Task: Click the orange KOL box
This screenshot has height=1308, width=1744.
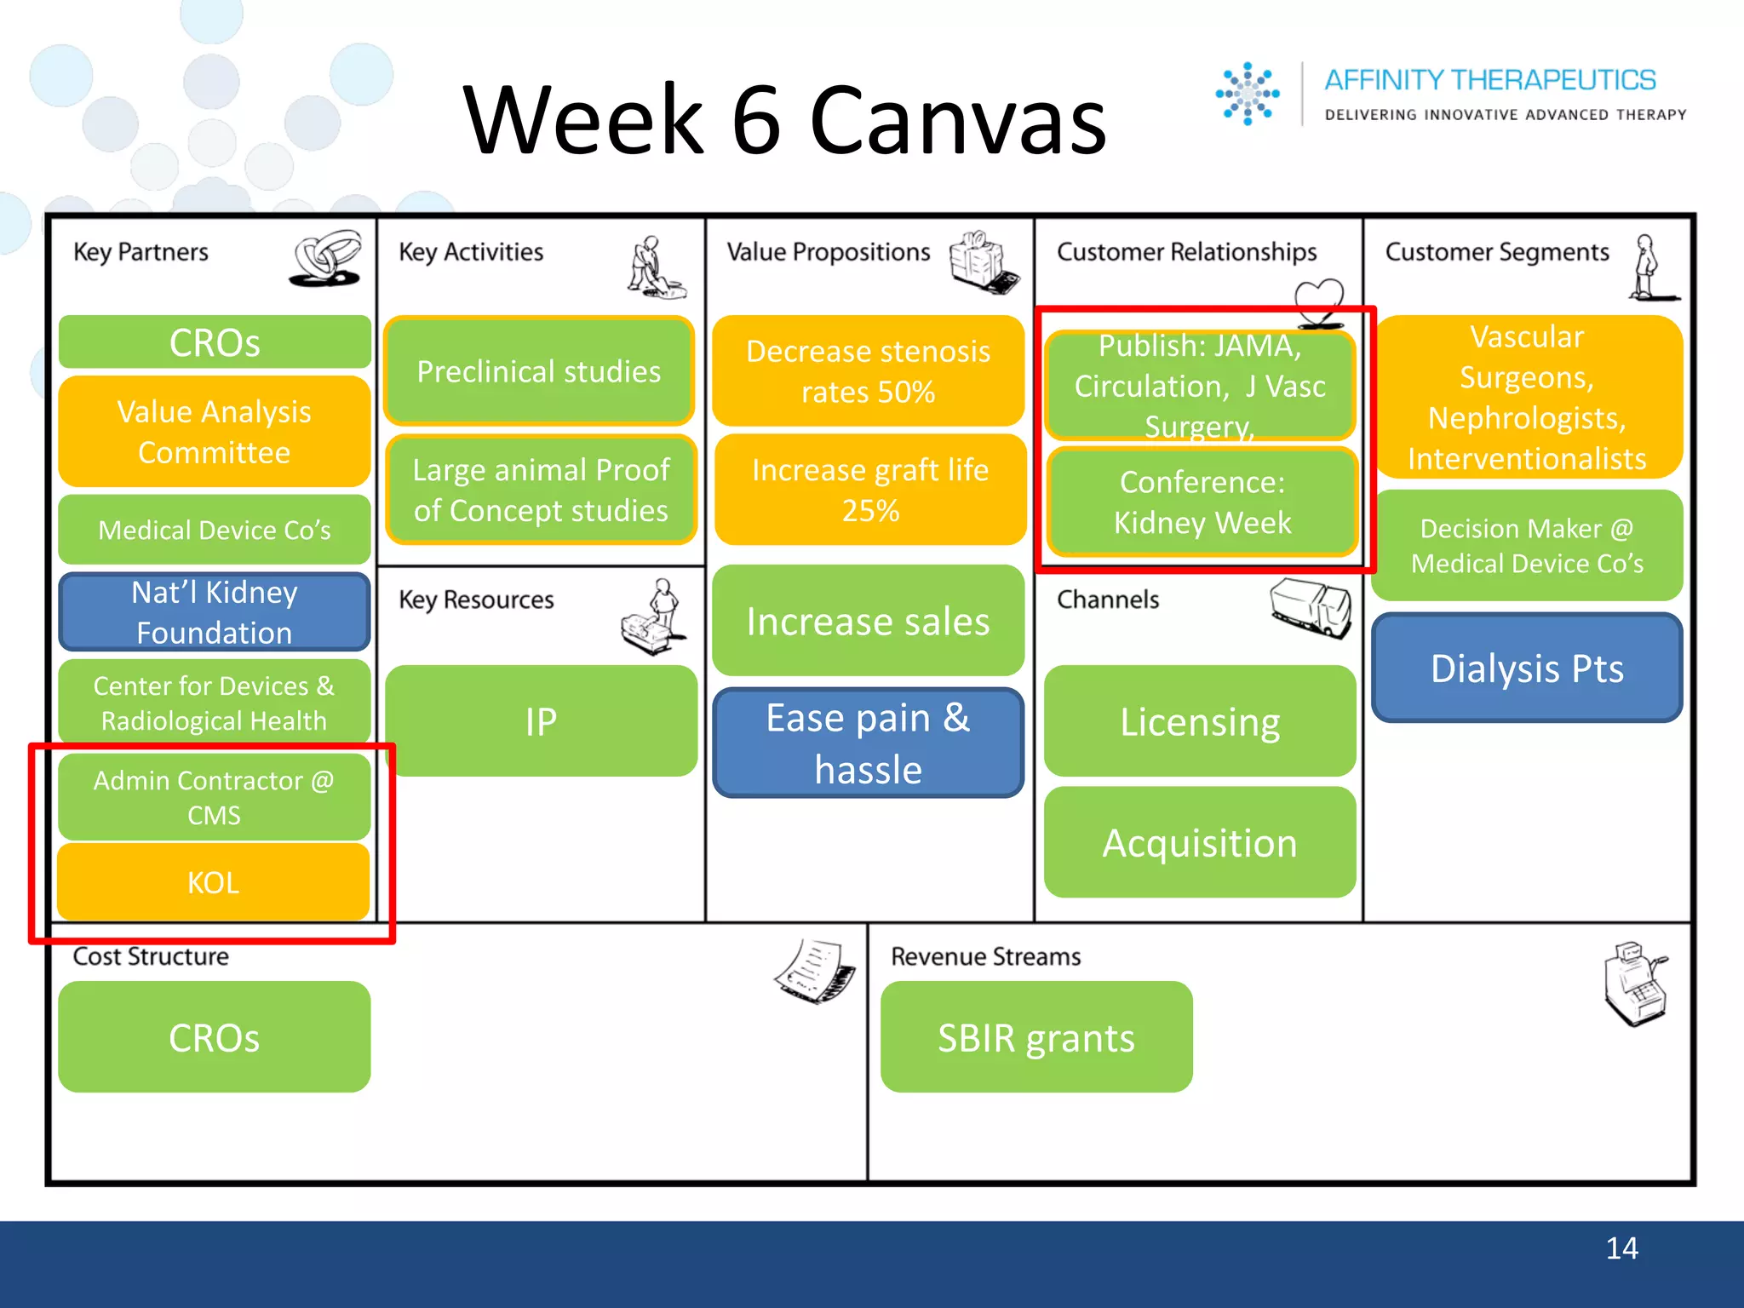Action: (x=213, y=881)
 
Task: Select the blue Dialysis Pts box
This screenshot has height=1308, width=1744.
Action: (x=1527, y=668)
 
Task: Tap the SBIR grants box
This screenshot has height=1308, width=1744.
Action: (x=1036, y=1037)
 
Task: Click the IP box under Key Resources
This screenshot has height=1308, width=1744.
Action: (x=541, y=721)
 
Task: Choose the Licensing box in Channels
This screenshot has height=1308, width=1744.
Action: (x=1200, y=721)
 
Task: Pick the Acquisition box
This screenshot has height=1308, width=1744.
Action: (x=1200, y=842)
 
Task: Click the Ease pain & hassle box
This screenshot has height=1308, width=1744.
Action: (x=868, y=743)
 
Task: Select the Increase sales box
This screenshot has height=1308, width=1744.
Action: (x=868, y=621)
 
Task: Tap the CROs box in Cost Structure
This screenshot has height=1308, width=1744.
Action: (x=214, y=1037)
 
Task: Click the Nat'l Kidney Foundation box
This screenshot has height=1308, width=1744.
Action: (x=214, y=611)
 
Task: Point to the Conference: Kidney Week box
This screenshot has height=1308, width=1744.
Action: (x=1202, y=502)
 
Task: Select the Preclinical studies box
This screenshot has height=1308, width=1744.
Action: (x=538, y=371)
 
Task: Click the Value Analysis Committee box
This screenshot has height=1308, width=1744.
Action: (x=214, y=432)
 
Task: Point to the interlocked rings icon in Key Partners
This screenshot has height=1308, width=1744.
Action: (x=327, y=258)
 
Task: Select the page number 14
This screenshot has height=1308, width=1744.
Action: (x=1621, y=1248)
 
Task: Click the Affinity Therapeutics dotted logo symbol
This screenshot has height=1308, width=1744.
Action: (x=1248, y=94)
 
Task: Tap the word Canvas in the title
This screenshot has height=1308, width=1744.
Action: (x=957, y=121)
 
